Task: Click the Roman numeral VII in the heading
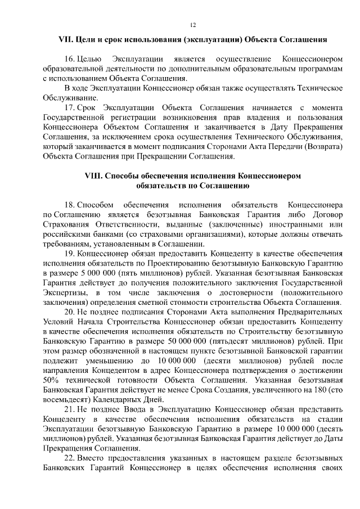point(66,40)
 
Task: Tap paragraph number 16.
point(69,59)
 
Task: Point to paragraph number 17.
point(69,107)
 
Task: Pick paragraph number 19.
point(69,254)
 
